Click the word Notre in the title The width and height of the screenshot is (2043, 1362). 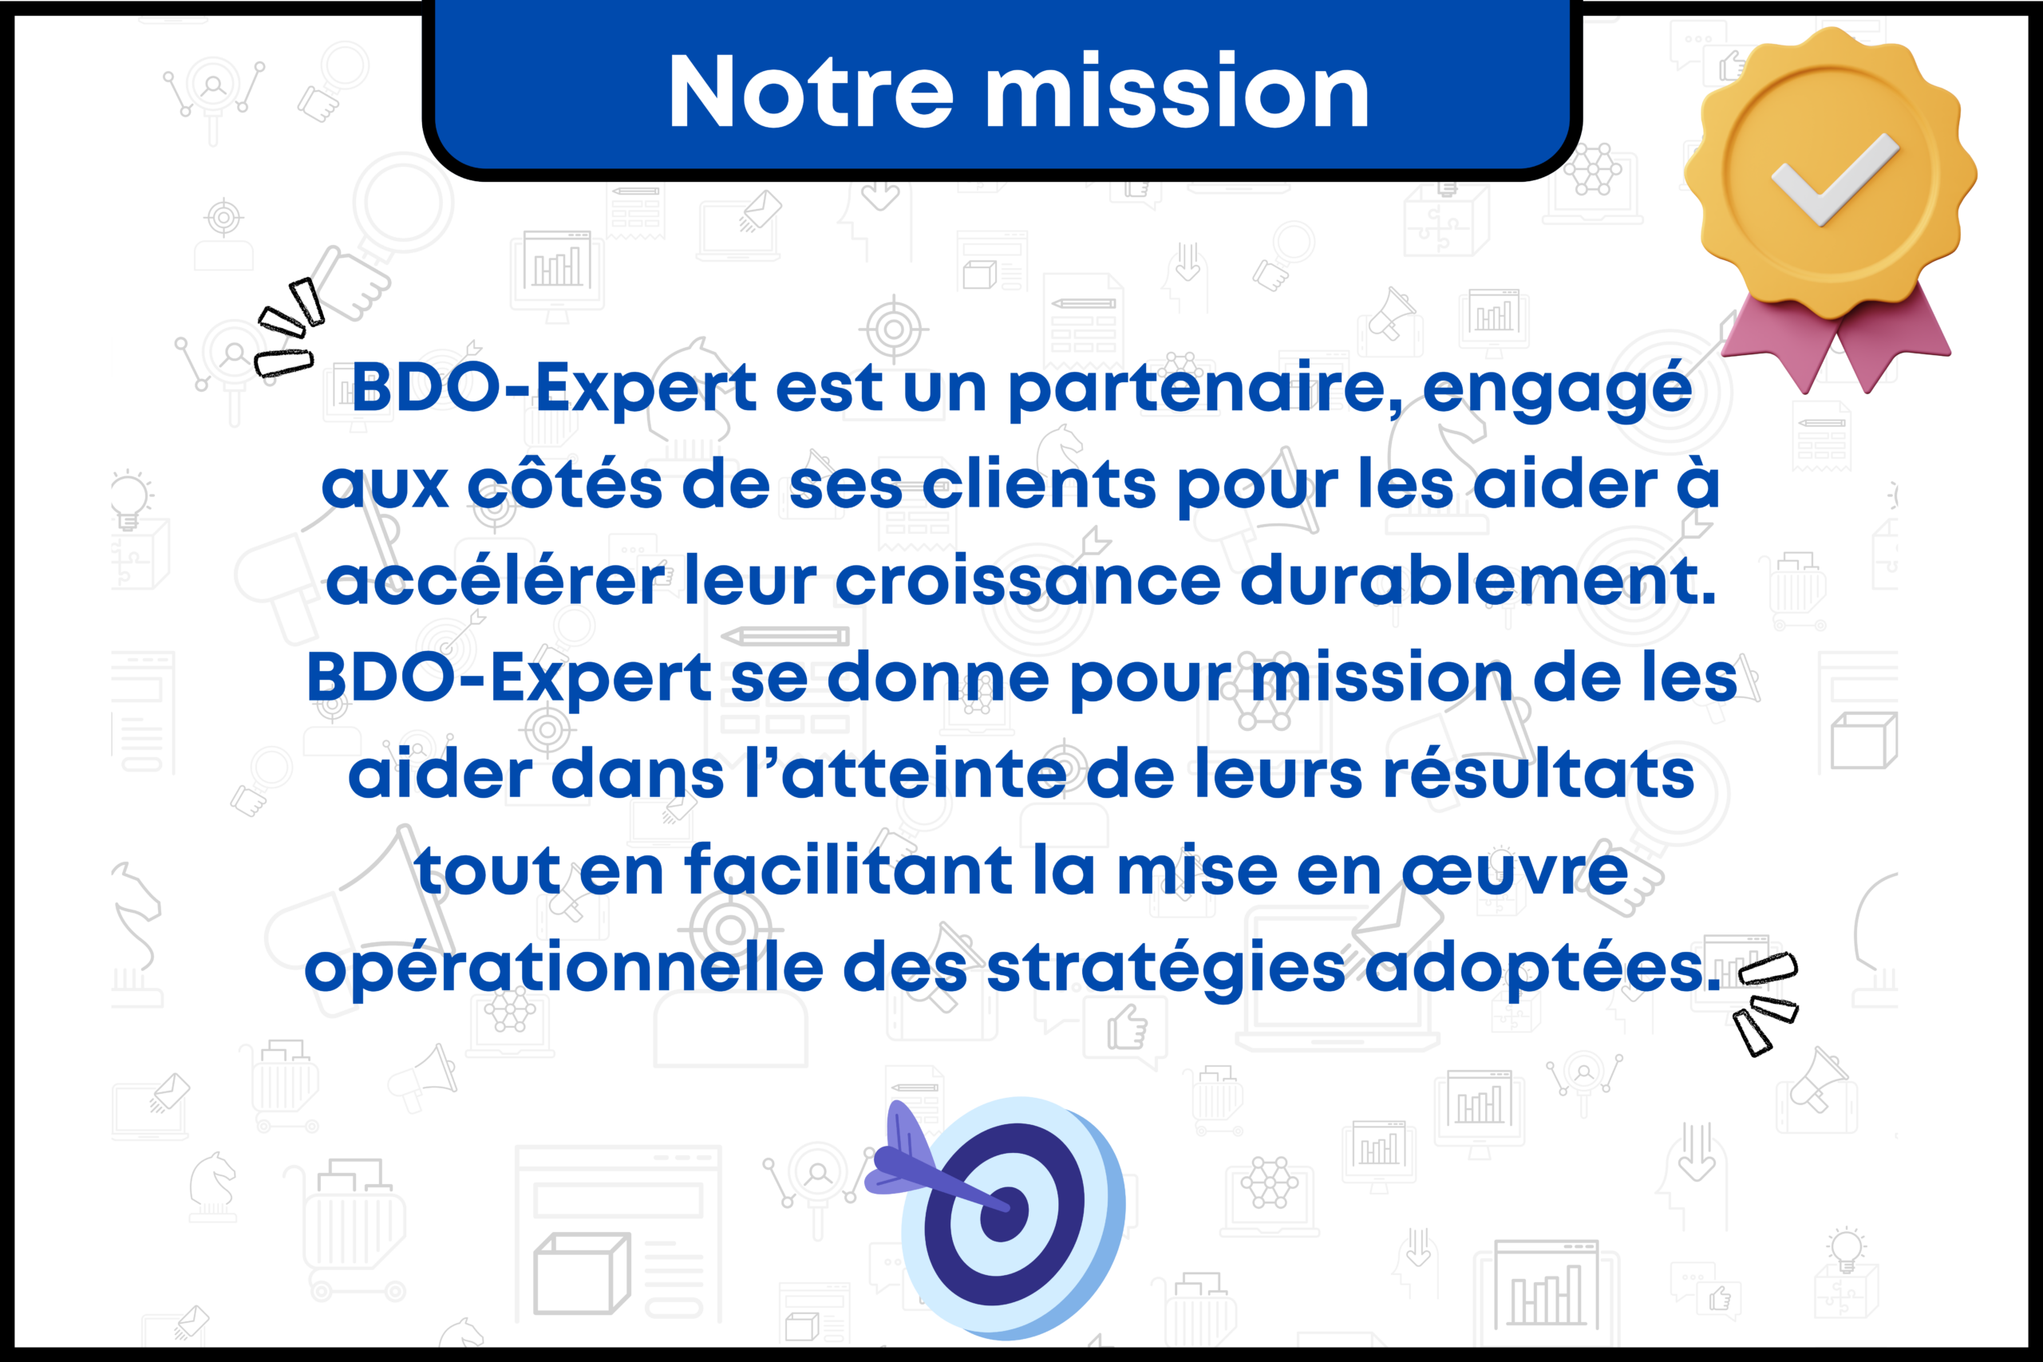(811, 91)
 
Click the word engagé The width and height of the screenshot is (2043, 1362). (1556, 389)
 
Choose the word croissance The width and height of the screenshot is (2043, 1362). (1029, 580)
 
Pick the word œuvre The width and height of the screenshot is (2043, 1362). (1515, 872)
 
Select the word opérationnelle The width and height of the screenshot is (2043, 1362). (563, 969)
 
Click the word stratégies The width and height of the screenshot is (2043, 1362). (1167, 969)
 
